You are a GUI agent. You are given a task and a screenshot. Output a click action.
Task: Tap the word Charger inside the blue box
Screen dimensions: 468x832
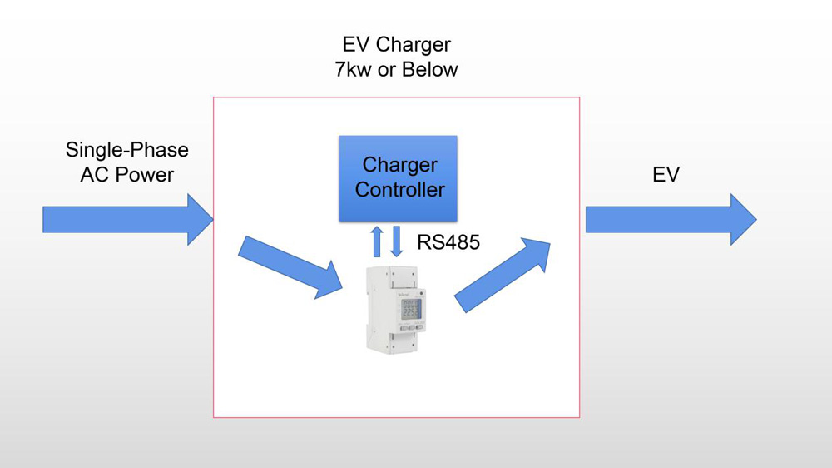tap(399, 165)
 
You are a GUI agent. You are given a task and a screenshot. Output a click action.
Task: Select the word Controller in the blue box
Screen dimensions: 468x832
tap(399, 190)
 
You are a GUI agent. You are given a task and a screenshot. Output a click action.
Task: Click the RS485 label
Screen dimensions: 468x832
tap(448, 242)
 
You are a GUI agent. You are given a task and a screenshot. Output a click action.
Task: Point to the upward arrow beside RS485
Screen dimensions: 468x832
tap(377, 241)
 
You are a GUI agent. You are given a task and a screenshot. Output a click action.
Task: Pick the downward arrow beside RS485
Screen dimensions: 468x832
tap(397, 241)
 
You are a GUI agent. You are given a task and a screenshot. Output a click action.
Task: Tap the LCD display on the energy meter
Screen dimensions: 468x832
tap(411, 309)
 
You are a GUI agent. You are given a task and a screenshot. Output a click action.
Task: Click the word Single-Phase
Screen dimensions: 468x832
tap(127, 150)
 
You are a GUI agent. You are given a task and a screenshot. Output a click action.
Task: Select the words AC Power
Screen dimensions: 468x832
tap(127, 175)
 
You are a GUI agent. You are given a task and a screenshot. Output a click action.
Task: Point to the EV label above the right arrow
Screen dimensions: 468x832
tap(666, 175)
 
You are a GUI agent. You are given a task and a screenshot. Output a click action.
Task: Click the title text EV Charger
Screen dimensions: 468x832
tap(396, 44)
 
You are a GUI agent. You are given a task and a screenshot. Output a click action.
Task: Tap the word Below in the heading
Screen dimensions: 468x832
tap(431, 70)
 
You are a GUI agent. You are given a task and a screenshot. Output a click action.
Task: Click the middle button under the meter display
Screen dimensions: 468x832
tap(411, 327)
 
